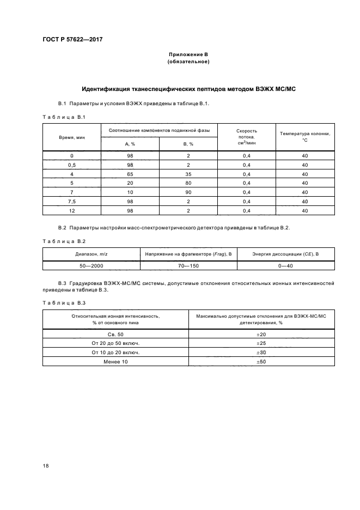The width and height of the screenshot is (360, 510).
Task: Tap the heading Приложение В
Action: click(x=188, y=56)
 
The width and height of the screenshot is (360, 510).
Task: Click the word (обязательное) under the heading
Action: click(x=188, y=62)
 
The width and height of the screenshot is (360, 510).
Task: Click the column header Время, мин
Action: click(x=72, y=138)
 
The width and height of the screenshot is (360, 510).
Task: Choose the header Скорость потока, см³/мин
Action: click(x=247, y=137)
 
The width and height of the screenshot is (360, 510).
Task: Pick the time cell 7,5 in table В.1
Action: click(x=72, y=202)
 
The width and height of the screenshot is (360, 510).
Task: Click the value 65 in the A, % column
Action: click(x=130, y=174)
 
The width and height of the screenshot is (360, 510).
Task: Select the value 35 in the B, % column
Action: click(x=188, y=174)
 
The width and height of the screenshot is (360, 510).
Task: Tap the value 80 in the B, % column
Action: click(x=188, y=183)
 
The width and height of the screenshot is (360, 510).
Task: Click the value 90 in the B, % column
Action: click(x=188, y=192)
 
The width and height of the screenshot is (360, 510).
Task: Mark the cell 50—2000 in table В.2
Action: click(x=91, y=265)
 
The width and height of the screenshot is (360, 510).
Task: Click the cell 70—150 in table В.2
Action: click(x=188, y=265)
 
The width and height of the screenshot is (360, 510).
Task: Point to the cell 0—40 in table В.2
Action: click(x=285, y=265)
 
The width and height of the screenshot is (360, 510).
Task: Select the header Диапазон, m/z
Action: click(x=91, y=253)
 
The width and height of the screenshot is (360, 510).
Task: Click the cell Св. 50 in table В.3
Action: click(x=115, y=333)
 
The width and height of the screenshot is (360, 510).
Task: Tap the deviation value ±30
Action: click(x=261, y=352)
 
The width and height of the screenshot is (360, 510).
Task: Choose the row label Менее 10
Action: click(x=115, y=361)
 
